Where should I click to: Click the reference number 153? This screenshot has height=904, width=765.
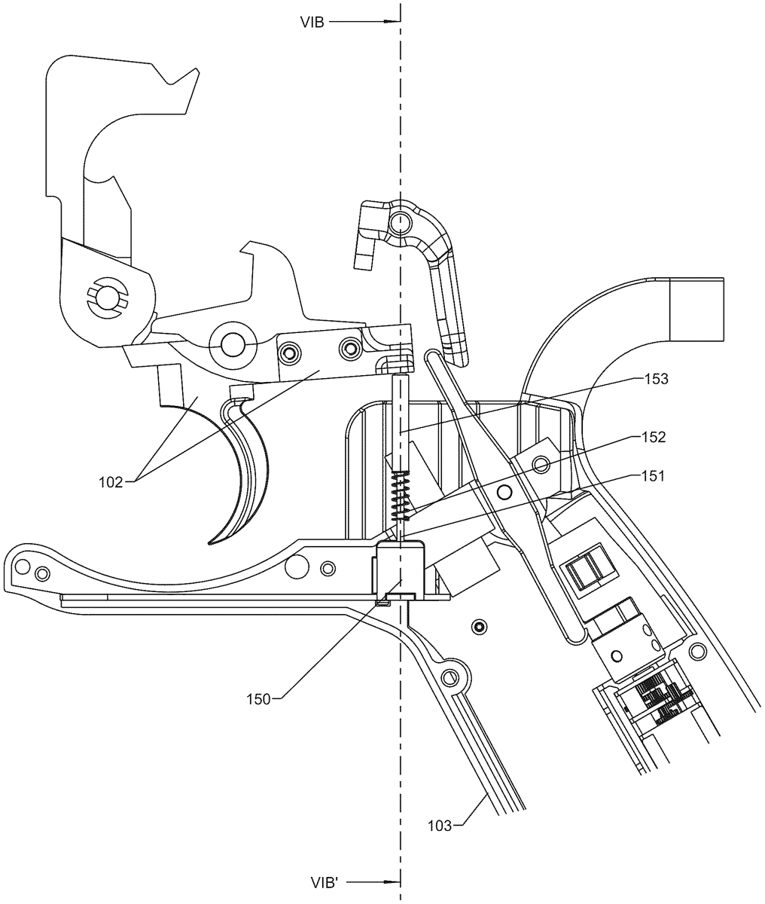[x=656, y=379]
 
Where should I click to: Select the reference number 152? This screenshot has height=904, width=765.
[x=654, y=437]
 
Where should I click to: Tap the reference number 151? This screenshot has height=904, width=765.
[x=653, y=476]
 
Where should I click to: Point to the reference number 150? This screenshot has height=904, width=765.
[x=259, y=699]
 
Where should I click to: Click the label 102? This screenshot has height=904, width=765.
[x=111, y=482]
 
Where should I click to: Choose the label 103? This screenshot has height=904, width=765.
[x=440, y=826]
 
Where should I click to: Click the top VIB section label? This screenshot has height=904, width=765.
[x=312, y=23]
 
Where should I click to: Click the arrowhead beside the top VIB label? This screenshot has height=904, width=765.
[x=392, y=21]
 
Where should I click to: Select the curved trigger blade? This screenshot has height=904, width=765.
[x=239, y=469]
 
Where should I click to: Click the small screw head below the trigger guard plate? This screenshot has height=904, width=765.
[x=480, y=628]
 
